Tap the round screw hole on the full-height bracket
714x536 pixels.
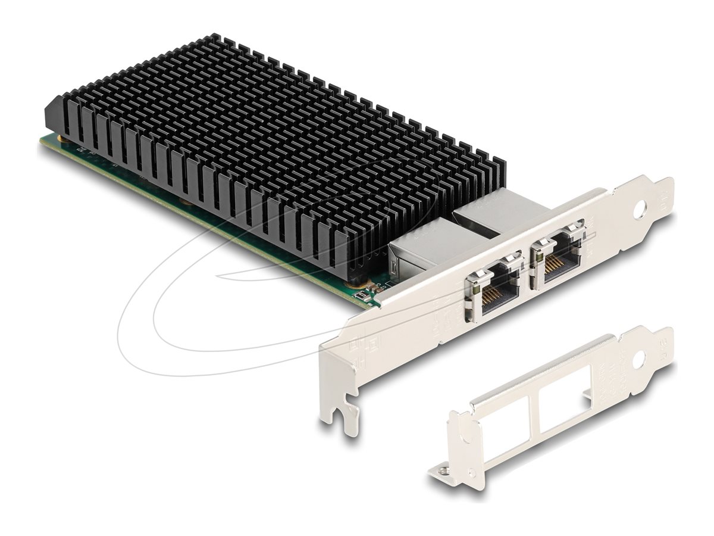pos(641,210)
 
